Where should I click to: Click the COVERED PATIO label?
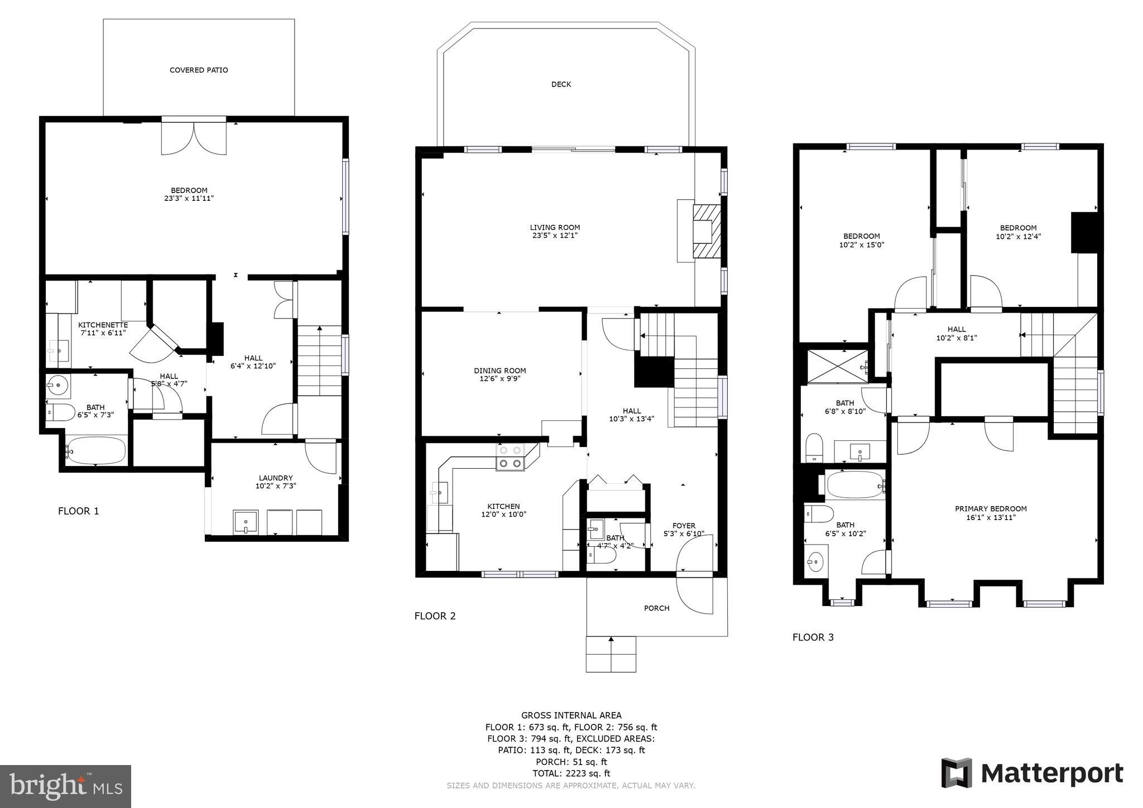point(199,70)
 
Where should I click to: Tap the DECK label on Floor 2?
point(561,84)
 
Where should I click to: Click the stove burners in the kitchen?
point(510,456)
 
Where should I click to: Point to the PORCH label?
point(656,608)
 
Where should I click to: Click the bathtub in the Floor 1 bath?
point(95,450)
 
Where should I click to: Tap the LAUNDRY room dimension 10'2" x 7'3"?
point(276,486)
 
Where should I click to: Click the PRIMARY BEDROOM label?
point(991,509)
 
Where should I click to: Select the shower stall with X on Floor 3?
point(837,367)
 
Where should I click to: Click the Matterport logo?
point(1032,773)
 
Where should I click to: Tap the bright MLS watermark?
point(65,787)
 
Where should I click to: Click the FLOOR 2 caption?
point(435,616)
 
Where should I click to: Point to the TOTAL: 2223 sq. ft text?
point(571,773)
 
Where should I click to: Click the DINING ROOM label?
point(500,371)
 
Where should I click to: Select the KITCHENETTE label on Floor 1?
point(103,325)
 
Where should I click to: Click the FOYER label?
point(684,526)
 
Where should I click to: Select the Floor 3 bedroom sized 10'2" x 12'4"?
point(1018,232)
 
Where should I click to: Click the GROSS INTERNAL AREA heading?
point(571,715)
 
